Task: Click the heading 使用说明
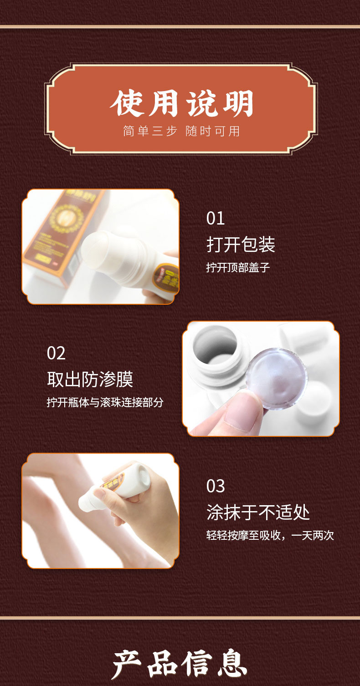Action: pos(181,104)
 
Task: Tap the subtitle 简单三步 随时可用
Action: pos(181,131)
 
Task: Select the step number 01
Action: pos(216,219)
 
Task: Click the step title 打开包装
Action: pos(241,245)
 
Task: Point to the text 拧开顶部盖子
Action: pos(238,267)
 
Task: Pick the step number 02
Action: pos(56,353)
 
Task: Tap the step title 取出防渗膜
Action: pos(90,379)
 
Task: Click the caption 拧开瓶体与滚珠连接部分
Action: pos(105,403)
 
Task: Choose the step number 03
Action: pos(216,486)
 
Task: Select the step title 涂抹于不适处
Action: pos(258,512)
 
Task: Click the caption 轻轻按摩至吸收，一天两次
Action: pos(270,535)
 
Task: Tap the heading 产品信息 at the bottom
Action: pos(180,664)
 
